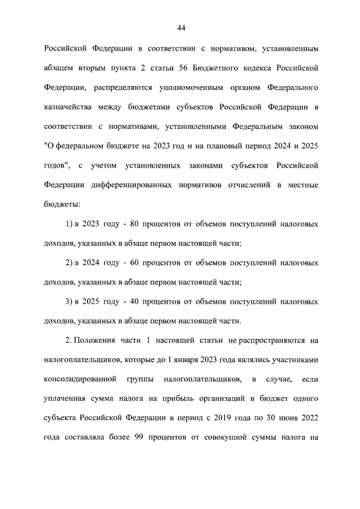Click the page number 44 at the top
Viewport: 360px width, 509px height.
click(181, 28)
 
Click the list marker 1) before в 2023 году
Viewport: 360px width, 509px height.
click(70, 224)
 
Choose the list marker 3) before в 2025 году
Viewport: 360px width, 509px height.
click(70, 302)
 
